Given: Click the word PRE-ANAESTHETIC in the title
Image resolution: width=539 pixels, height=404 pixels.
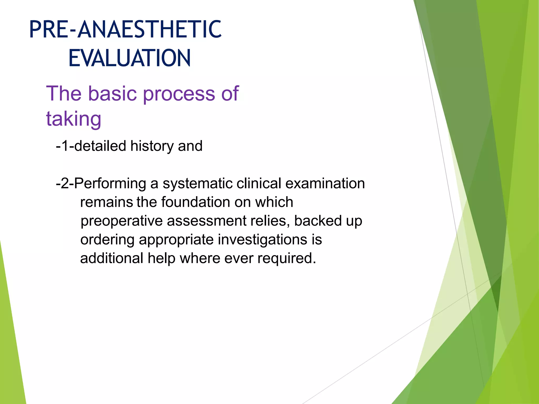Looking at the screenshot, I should [x=125, y=29].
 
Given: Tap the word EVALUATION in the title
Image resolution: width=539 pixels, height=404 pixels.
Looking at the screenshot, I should [x=129, y=58].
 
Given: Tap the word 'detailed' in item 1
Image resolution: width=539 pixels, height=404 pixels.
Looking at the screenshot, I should [x=100, y=146].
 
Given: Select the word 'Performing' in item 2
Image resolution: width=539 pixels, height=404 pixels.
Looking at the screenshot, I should [x=110, y=184].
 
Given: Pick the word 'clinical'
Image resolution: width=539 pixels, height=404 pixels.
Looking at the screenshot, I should [x=259, y=183].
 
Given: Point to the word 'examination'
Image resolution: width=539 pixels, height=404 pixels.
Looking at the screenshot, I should [x=325, y=183].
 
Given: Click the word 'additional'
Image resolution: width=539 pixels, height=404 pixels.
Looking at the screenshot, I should [x=112, y=258].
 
